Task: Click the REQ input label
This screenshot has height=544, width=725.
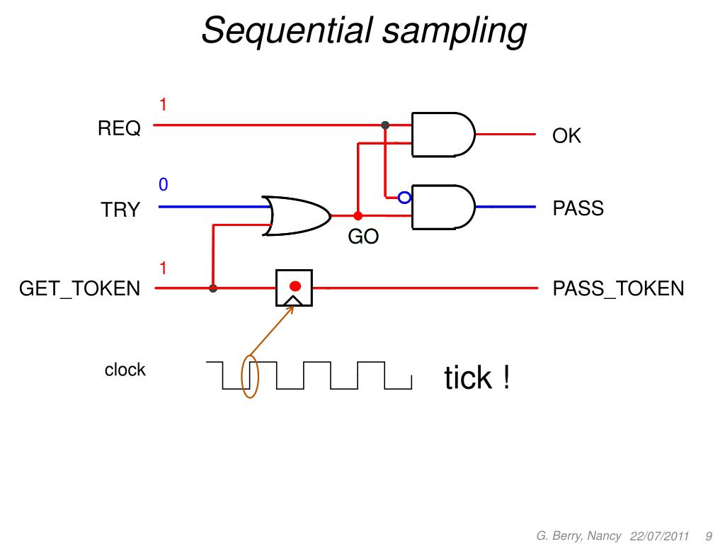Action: point(119,128)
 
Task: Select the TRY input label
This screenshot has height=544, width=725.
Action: point(120,210)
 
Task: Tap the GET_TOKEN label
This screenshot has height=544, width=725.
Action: point(79,289)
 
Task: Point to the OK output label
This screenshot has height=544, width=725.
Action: point(566,135)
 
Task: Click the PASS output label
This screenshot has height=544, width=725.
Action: point(578,208)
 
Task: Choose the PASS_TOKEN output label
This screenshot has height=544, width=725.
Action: point(618,289)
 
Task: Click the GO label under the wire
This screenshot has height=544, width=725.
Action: point(363,237)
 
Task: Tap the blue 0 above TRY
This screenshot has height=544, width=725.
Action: point(164,185)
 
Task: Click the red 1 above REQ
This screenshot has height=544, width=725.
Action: point(163,105)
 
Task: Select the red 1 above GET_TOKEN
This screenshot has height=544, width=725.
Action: point(163,268)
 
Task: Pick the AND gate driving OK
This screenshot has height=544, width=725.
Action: point(443,135)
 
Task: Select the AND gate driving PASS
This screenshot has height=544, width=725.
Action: point(443,208)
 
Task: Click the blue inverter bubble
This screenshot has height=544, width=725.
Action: point(404,198)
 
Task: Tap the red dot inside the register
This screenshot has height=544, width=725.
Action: point(295,286)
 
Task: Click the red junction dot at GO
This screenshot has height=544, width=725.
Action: point(358,216)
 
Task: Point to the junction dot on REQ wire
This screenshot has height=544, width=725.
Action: point(385,125)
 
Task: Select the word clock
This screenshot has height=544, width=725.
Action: point(125,370)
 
